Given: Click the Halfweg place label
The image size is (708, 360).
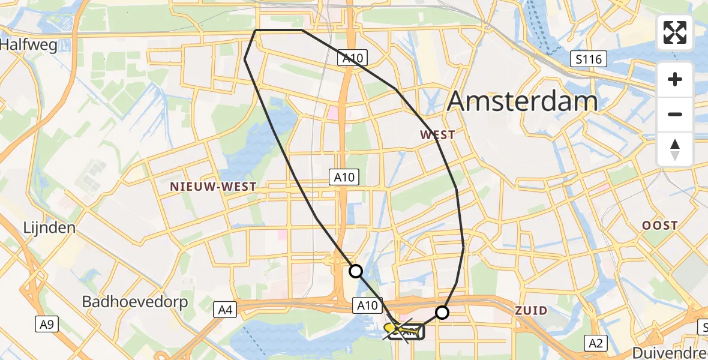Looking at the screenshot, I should pos(29,45).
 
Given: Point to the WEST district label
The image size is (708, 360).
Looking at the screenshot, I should pos(437,135).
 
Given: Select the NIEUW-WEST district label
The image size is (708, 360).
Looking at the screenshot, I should pos(213,187).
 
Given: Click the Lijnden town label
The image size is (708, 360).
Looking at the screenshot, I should pos(49,228).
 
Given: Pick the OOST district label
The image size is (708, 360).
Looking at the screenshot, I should pos(660,226).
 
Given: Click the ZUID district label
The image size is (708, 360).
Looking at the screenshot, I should pos(531,310).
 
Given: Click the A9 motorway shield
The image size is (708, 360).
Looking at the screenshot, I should pos(46,325).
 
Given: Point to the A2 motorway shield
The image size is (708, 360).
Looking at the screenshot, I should pos(596,343).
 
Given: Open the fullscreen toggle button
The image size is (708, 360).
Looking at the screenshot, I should pos(675,32).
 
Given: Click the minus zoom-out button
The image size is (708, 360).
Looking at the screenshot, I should pos(675,115).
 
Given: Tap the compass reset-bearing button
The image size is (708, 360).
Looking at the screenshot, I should pos(675,149).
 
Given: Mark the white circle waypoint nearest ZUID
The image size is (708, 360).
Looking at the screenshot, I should pos(442,312).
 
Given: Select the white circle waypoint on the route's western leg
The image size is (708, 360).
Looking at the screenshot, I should pos(356,271).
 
